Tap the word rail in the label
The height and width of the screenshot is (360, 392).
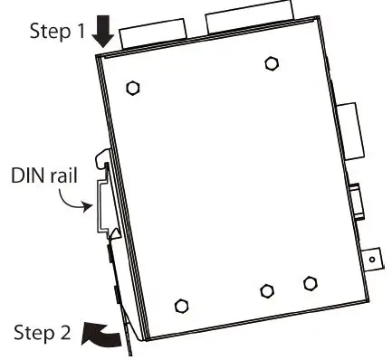point(62,172)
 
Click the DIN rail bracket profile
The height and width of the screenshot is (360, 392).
point(102,204)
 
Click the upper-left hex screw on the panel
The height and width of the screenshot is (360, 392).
point(133,89)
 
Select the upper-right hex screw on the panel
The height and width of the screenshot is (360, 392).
point(271,63)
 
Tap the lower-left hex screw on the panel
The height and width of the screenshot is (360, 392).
point(180,304)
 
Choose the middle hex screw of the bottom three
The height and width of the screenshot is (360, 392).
point(266,290)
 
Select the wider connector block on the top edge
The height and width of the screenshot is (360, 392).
point(251,24)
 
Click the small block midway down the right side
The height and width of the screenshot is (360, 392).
point(359,202)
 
